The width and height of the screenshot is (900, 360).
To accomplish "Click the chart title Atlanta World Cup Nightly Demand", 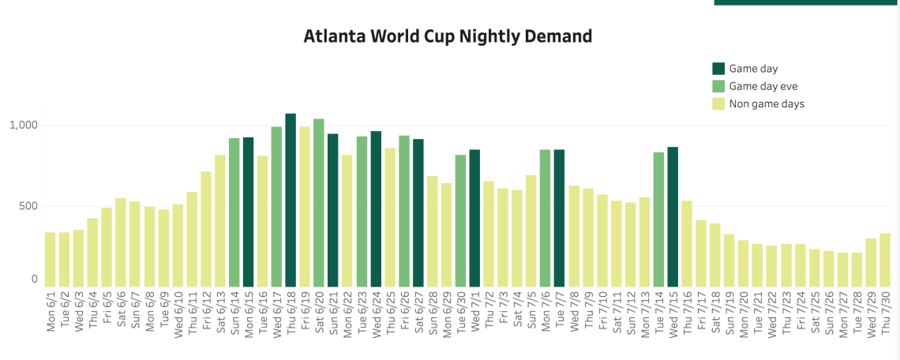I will (448, 36).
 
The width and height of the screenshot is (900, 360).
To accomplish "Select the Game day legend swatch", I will (718, 69).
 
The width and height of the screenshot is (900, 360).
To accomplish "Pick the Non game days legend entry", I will (767, 103).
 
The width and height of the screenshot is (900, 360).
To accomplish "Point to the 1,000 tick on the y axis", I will (23, 126).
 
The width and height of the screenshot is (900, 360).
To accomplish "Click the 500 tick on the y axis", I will (28, 206).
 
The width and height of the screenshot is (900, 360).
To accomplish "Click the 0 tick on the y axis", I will (34, 279).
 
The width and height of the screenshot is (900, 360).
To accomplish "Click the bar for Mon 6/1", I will (51, 260).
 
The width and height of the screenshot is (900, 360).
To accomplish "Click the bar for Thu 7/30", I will (885, 260).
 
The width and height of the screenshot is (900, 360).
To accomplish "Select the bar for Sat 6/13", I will (220, 221).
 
